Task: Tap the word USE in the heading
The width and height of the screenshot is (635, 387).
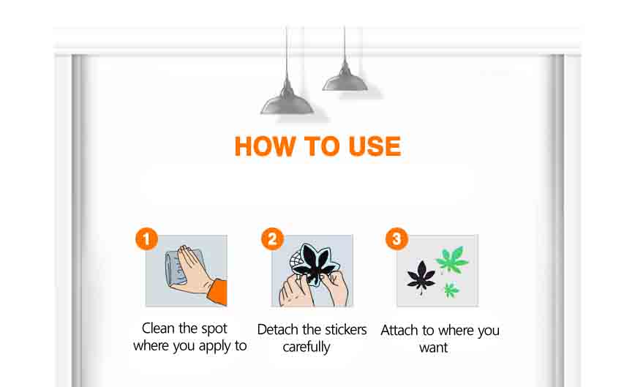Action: pos(375,146)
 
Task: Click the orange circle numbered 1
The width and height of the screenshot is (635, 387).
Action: pos(146,238)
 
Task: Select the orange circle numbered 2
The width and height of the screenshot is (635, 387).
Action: pos(273,238)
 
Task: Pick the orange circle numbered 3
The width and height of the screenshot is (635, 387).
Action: pos(397,238)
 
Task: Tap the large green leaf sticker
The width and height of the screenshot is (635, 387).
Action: pos(451,260)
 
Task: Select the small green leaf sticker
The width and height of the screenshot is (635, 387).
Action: pos(451,290)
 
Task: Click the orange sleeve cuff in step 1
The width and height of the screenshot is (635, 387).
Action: pos(218,291)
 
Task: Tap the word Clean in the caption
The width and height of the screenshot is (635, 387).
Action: pos(158,328)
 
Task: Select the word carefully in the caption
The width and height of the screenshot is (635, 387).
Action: pos(306,347)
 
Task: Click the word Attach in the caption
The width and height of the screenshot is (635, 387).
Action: pos(399,331)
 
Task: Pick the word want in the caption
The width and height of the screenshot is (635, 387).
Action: pos(433,347)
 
